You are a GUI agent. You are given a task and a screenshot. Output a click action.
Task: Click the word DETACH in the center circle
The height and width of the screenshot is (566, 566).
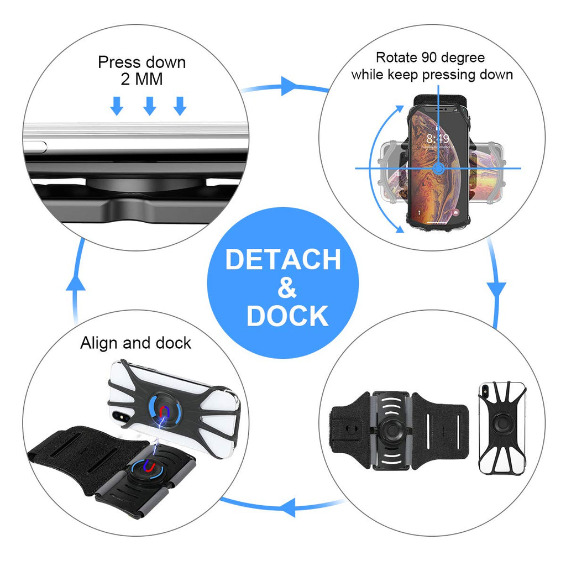pos(283,260)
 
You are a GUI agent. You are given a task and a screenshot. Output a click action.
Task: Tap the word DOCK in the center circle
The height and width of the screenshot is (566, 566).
pos(287,316)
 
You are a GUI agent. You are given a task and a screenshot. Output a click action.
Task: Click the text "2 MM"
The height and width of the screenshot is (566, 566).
pos(141,79)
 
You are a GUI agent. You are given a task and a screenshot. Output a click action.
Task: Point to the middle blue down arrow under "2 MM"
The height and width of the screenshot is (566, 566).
pos(149,106)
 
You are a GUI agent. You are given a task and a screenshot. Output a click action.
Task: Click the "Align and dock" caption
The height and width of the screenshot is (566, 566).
pos(135,343)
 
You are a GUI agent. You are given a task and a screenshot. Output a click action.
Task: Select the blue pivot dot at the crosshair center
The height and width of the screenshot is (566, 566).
pos(438,168)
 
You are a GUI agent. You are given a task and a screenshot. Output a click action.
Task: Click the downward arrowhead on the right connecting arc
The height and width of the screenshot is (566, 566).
pos(496,290)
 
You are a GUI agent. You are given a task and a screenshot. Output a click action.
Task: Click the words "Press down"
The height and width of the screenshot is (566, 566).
pos(141,62)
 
